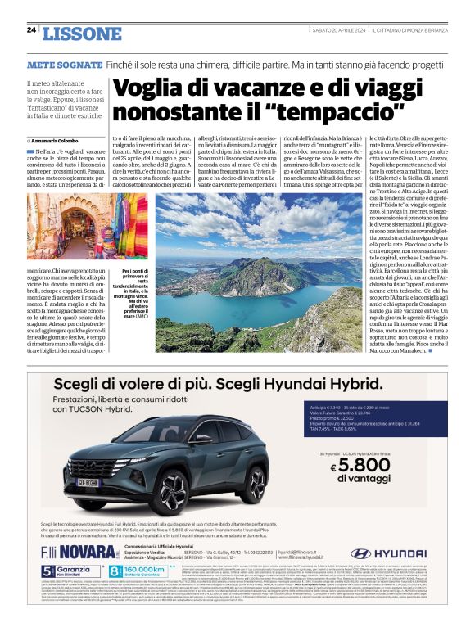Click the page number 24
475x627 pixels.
(31, 29)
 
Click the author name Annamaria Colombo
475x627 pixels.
(58, 141)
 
